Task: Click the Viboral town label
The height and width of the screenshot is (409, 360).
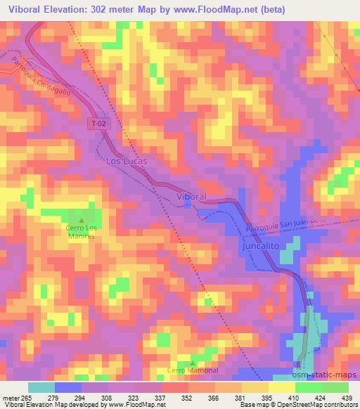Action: (x=191, y=197)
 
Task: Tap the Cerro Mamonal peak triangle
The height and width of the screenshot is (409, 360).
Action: (x=193, y=363)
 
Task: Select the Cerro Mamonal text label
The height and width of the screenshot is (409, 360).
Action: (x=193, y=370)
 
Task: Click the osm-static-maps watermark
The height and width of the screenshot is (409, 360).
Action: (x=328, y=376)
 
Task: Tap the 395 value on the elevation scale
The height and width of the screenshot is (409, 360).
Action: (x=267, y=398)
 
